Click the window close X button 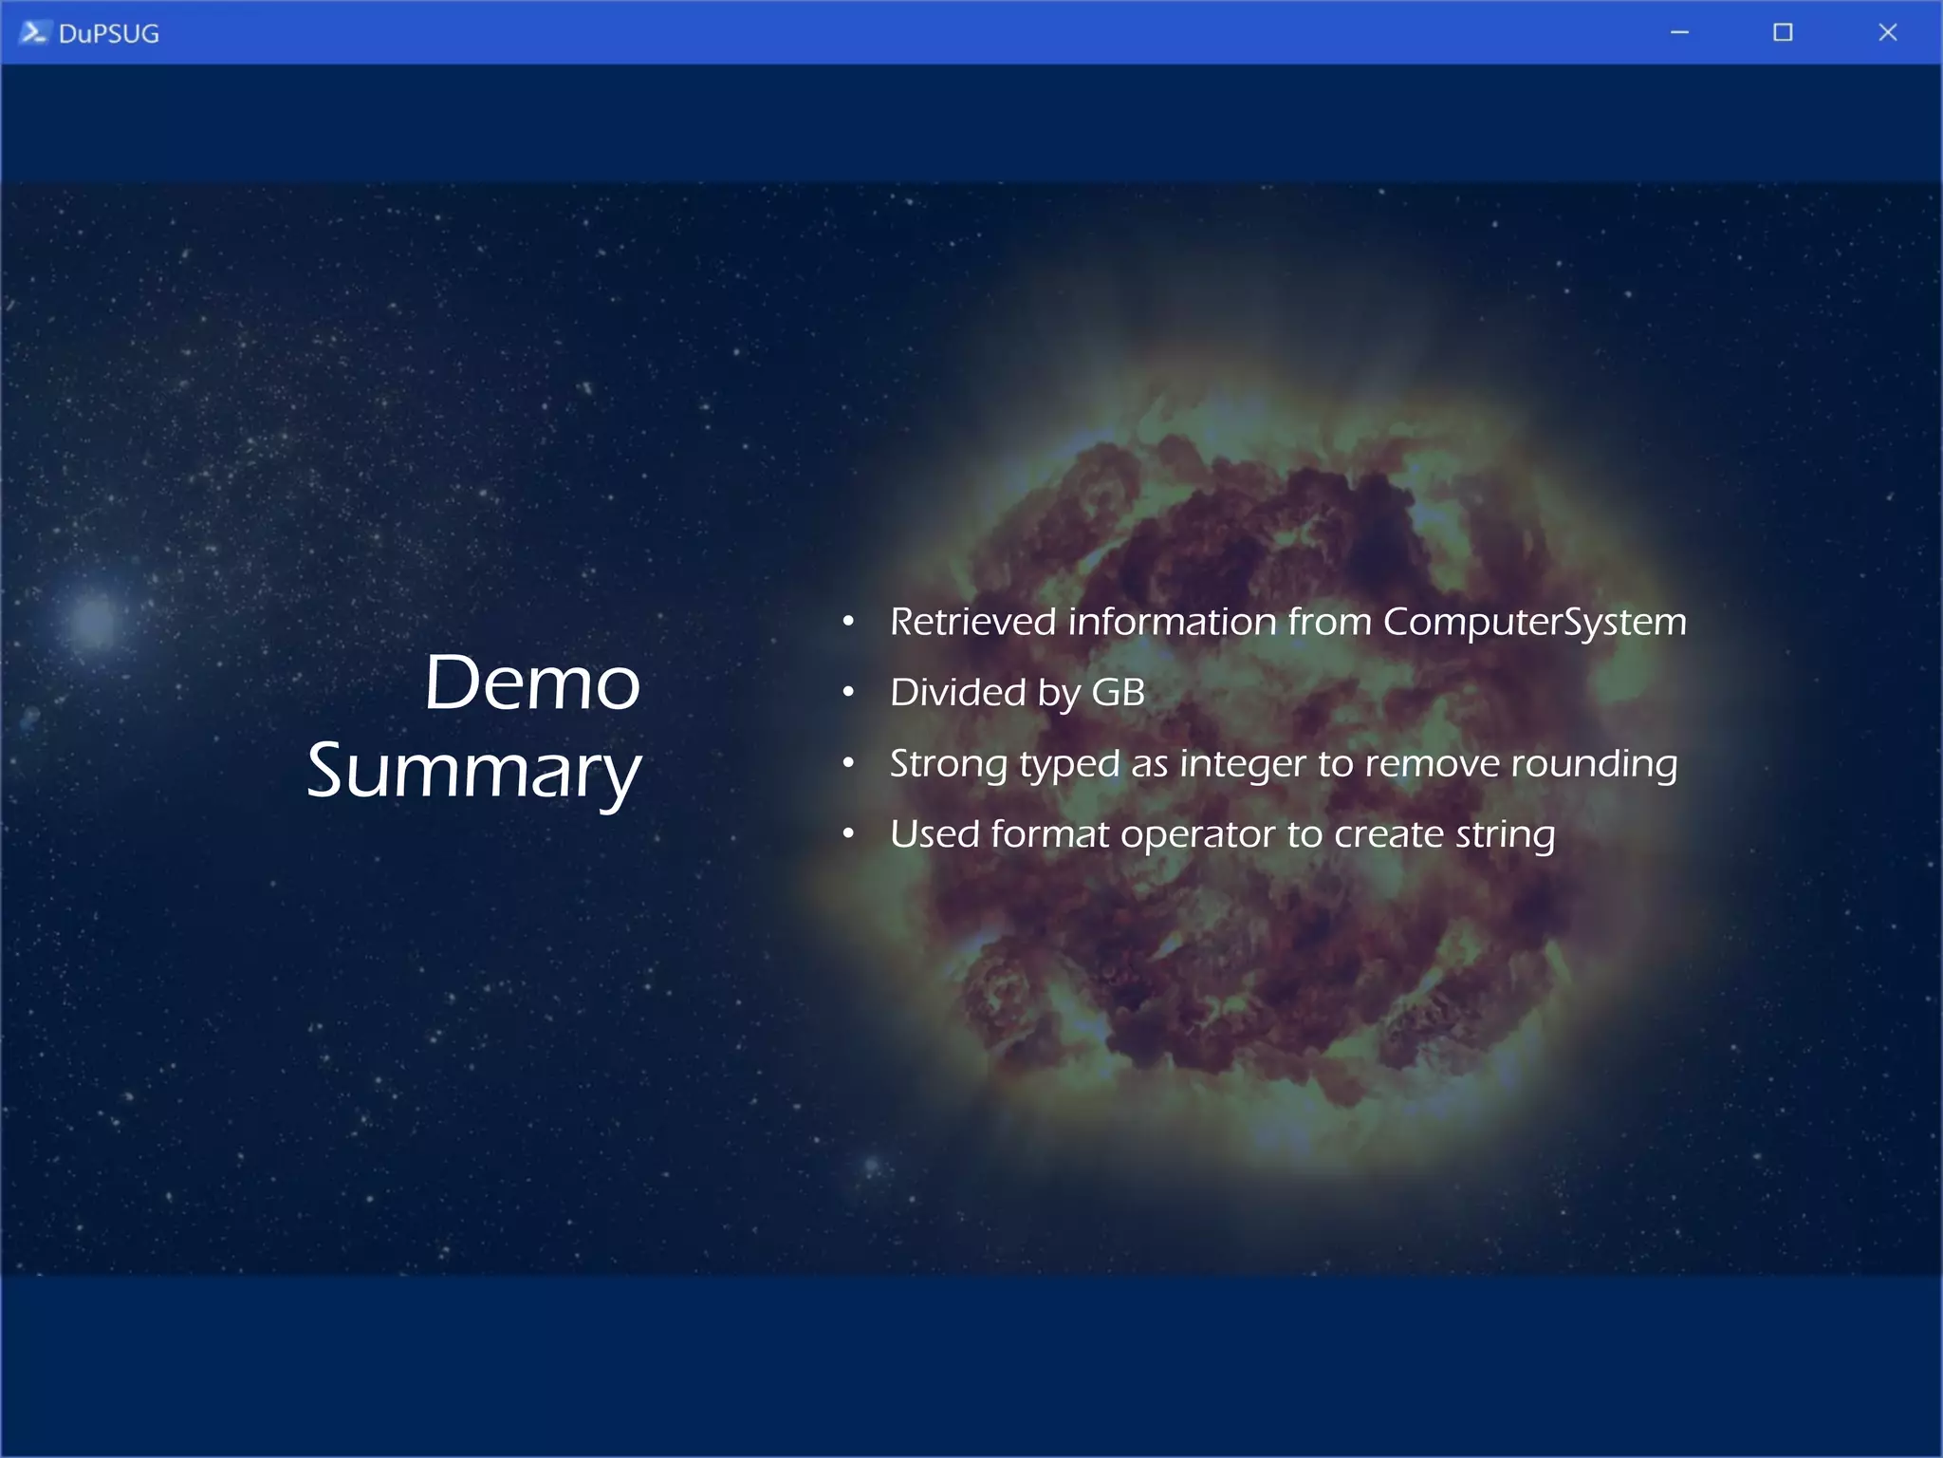click(1887, 32)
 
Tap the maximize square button click(1783, 32)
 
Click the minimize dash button click(1679, 32)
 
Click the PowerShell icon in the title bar click(32, 32)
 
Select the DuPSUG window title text click(108, 34)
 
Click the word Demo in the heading click(532, 682)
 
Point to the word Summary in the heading click(473, 771)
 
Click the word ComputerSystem click(1534, 622)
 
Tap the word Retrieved click(972, 622)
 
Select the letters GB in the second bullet click(1118, 692)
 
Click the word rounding click(1594, 764)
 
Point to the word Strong click(948, 764)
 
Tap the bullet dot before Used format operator click(848, 834)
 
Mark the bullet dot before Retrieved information click(848, 622)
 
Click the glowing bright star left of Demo click(94, 621)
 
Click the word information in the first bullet click(1172, 622)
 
